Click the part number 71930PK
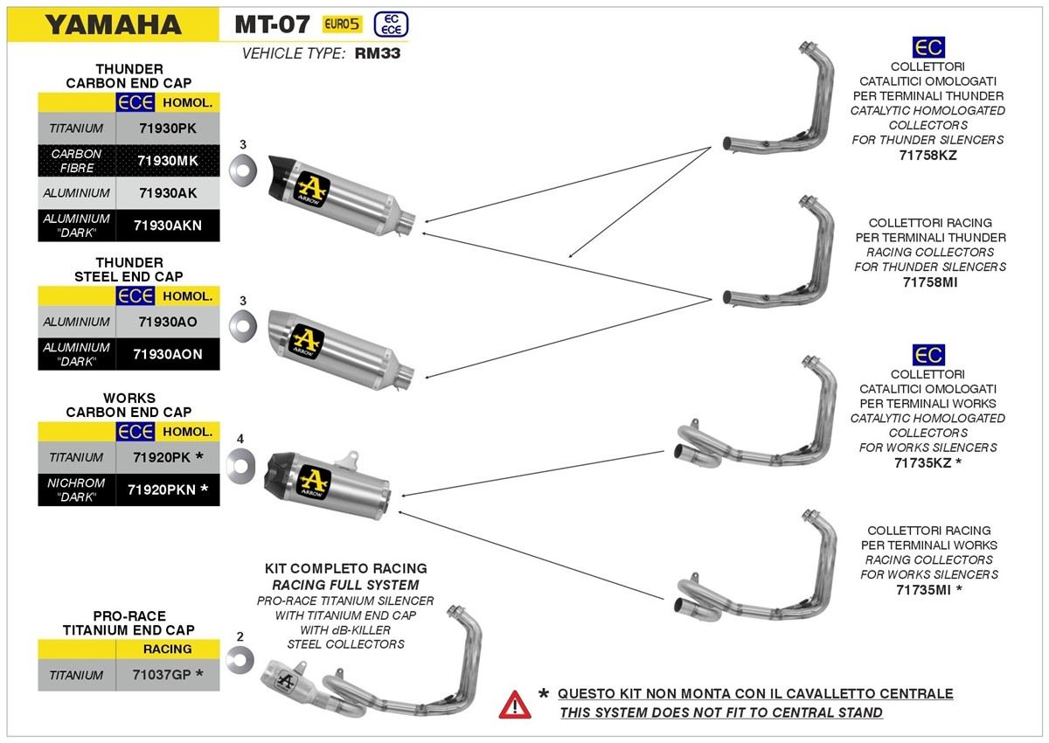point(168,128)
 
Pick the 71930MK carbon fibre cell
point(168,160)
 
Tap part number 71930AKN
point(168,225)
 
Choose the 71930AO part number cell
point(168,322)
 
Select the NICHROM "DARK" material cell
point(77,490)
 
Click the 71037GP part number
point(168,675)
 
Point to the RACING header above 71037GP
point(167,649)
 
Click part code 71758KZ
point(927,155)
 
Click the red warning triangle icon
point(514,704)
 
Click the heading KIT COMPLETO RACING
point(345,569)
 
